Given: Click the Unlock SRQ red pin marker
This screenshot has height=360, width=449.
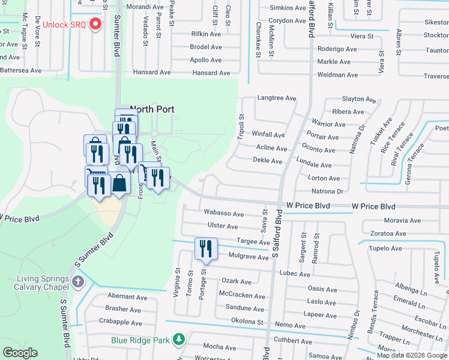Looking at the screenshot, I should [x=95, y=25].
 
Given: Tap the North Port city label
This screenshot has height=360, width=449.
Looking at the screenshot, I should [x=152, y=109].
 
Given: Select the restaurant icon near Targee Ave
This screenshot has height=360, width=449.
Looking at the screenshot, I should [x=205, y=249].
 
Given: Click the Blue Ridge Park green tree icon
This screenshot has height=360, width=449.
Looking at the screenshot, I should [x=178, y=340].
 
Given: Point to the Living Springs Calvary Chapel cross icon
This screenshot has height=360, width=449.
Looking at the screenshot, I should [x=77, y=282].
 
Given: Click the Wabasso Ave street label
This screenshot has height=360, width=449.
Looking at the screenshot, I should [x=223, y=214].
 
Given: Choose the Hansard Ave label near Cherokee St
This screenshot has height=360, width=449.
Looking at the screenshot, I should [x=211, y=73].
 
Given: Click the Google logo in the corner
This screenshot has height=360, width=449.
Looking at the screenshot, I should [x=20, y=353].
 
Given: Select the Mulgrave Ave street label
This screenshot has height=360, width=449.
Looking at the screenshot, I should [x=249, y=257].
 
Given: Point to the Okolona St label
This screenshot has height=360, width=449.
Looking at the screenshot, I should [x=247, y=322].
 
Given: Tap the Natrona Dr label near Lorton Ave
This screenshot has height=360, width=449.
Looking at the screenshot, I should [x=327, y=191].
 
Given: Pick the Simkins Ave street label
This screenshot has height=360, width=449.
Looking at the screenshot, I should [x=288, y=8].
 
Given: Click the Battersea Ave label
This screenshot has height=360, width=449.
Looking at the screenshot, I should [x=20, y=70].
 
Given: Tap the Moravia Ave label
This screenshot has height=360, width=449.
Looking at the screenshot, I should [x=402, y=221].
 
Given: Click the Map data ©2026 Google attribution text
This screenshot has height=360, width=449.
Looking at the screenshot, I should [x=412, y=355].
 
